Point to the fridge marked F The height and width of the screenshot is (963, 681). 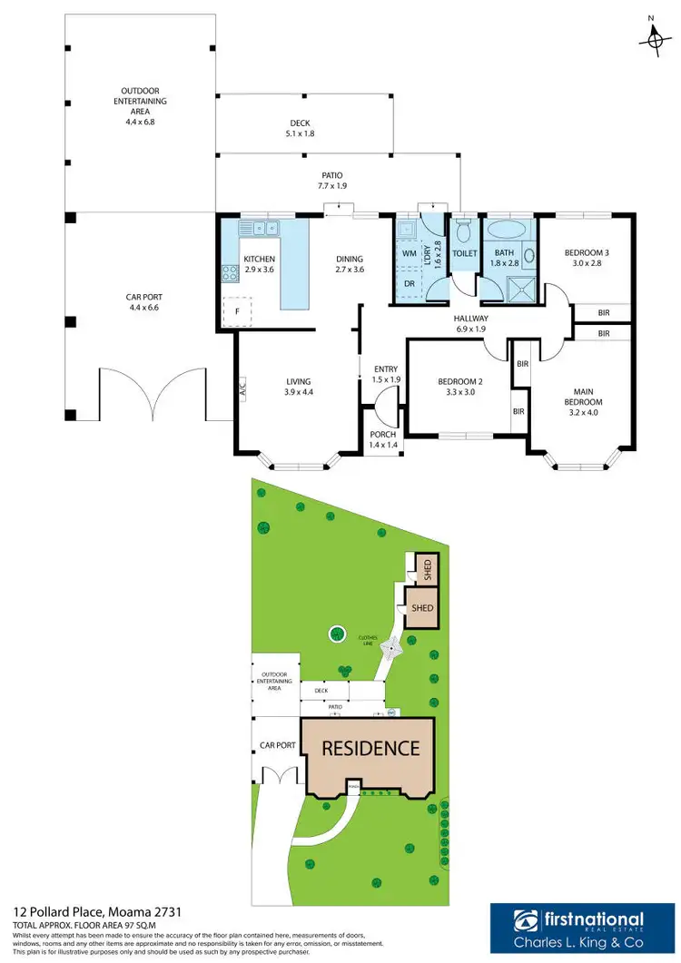click(x=237, y=310)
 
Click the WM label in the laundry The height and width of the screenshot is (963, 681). click(x=409, y=253)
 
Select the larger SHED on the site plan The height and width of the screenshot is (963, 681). click(x=421, y=608)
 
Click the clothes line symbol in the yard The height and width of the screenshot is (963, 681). click(x=390, y=648)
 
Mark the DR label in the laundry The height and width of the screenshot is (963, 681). click(x=410, y=283)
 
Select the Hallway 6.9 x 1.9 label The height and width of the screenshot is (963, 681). click(x=471, y=324)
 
